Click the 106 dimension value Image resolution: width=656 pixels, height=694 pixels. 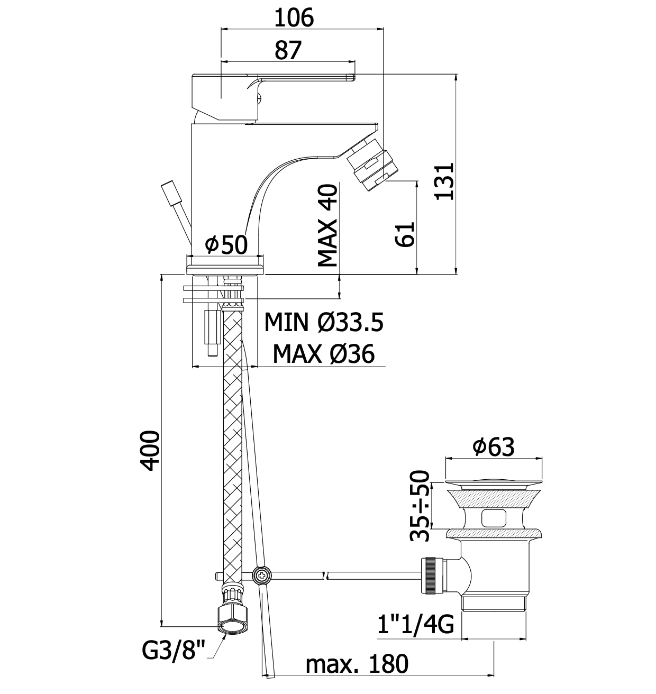click(294, 18)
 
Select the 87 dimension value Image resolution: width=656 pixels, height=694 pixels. click(288, 50)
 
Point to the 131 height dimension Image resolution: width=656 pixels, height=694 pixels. click(444, 181)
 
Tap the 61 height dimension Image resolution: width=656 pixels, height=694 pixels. click(405, 234)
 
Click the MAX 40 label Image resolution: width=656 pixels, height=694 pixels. click(327, 225)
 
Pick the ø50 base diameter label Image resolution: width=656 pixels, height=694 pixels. click(226, 244)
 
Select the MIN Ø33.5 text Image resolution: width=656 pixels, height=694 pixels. click(323, 322)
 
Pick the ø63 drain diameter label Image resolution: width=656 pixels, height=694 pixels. click(493, 448)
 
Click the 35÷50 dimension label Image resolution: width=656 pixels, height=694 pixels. click(421, 506)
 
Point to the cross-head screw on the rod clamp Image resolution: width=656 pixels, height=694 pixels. click(262, 576)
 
